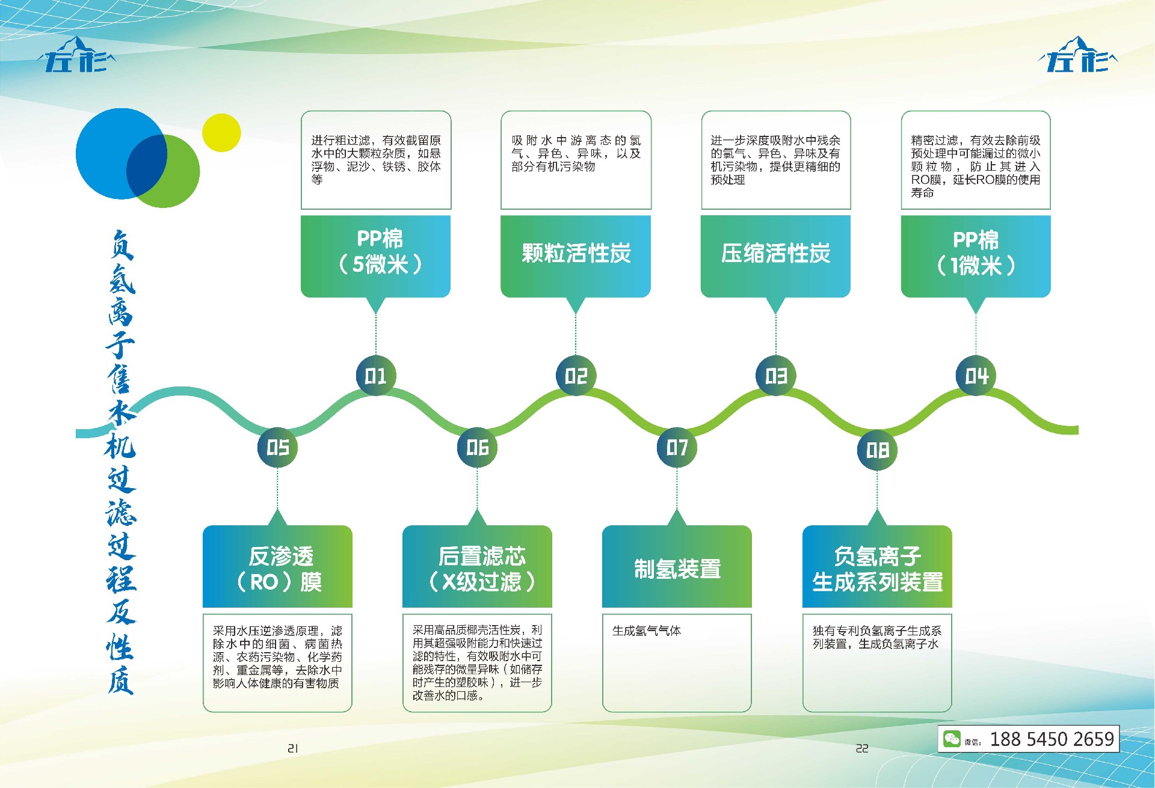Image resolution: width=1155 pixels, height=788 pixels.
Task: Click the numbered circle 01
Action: click(376, 376)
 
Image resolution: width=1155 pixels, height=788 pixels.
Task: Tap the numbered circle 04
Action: click(976, 376)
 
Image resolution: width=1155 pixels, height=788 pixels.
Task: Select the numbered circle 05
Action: click(277, 447)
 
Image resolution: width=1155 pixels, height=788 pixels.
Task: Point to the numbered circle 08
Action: click(877, 450)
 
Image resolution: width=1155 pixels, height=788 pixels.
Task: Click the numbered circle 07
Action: click(677, 447)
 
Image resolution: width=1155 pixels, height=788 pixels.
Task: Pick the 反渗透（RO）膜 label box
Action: click(277, 567)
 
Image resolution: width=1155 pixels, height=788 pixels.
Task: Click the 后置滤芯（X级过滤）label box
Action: click(477, 567)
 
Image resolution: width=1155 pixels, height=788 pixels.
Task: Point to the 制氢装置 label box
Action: click(677, 567)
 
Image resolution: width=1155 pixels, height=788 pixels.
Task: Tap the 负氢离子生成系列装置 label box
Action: click(877, 567)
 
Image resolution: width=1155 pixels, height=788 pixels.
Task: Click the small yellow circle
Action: click(221, 133)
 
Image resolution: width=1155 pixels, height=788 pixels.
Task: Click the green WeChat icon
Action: click(952, 739)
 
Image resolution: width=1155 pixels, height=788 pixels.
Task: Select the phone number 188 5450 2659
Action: click(1052, 739)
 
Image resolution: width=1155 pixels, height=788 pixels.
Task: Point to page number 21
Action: click(293, 748)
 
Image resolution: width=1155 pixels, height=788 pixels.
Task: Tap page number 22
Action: click(862, 748)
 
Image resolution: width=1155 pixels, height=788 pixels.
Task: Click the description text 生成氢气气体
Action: click(647, 631)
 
